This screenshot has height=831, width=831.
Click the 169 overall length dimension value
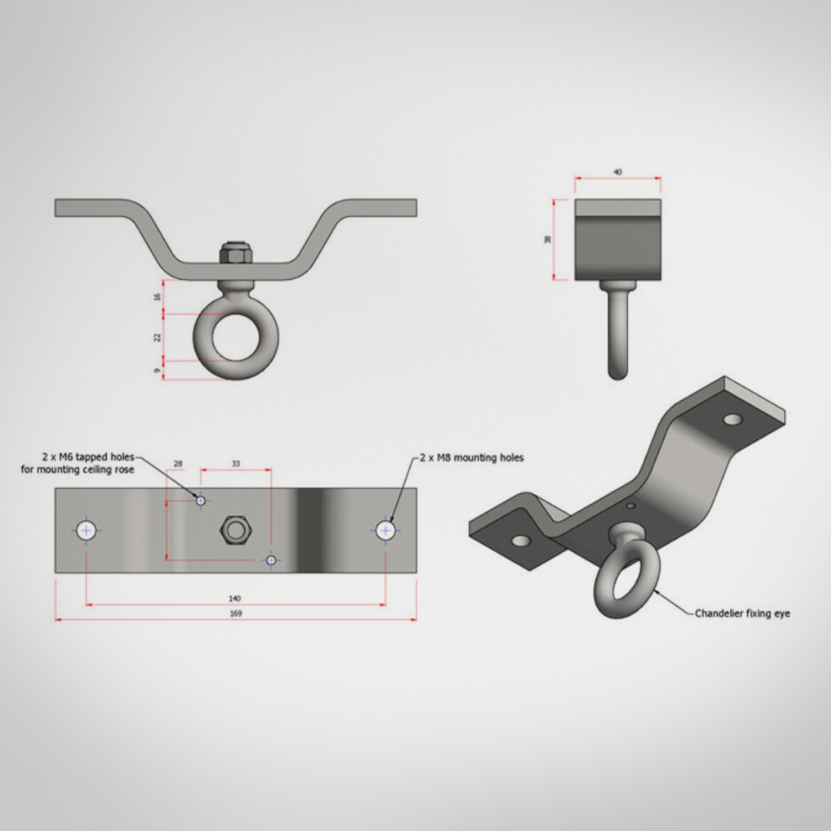[235, 613]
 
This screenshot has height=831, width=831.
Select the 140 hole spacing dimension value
[235, 598]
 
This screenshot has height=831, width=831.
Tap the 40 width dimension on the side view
[618, 172]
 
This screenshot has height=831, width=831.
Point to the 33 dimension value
[236, 464]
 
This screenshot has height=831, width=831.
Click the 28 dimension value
[178, 464]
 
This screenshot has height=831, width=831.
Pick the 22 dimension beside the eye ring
[157, 337]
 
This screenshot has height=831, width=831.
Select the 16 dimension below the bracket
[157, 297]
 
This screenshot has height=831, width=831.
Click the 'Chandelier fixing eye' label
[742, 613]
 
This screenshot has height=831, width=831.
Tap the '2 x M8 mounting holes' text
[471, 458]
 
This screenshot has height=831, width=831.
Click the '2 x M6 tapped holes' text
[88, 457]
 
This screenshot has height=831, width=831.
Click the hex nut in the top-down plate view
[236, 530]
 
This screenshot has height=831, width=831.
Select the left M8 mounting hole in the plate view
[86, 530]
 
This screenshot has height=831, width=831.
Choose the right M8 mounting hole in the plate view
[386, 530]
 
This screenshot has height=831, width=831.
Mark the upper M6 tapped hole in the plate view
[201, 501]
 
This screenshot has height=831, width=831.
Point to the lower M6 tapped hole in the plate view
[271, 560]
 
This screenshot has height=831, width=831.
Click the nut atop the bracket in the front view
[236, 253]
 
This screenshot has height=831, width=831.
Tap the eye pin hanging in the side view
[618, 332]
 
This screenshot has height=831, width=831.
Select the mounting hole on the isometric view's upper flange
[733, 419]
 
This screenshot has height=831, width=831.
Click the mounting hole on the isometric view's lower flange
[520, 540]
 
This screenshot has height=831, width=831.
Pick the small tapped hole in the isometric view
[630, 505]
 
